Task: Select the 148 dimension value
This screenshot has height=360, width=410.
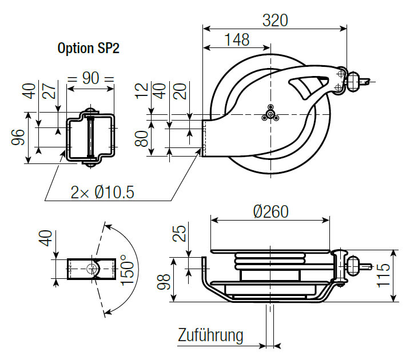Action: pyautogui.click(x=237, y=39)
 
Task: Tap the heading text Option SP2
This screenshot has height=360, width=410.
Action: pyautogui.click(x=87, y=49)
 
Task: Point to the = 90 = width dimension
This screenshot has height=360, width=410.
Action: pyautogui.click(x=90, y=78)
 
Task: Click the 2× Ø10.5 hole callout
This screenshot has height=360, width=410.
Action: pyautogui.click(x=102, y=193)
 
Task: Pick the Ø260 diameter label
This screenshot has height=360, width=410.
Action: pyautogui.click(x=270, y=211)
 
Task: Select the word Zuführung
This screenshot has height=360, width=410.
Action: pyautogui.click(x=210, y=334)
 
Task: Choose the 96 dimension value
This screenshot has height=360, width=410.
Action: pyautogui.click(x=18, y=138)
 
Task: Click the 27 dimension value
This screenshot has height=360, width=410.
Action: pyautogui.click(x=52, y=91)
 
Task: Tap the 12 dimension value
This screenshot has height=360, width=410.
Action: pyautogui.click(x=142, y=91)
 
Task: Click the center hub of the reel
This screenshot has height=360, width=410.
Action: pyautogui.click(x=269, y=114)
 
